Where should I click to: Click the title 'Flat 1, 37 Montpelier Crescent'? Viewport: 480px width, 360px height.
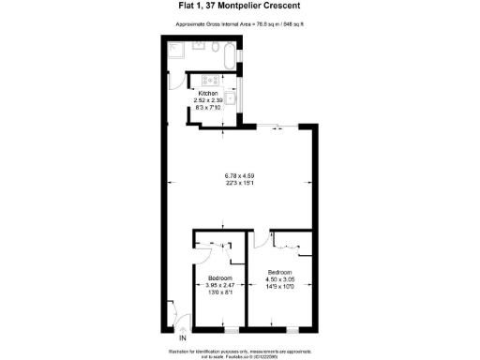239,8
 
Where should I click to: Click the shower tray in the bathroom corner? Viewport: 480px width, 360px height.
176,48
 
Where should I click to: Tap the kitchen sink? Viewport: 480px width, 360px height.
232,97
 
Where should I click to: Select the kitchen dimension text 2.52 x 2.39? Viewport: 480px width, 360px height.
206,100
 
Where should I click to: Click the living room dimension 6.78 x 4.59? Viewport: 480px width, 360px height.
239,176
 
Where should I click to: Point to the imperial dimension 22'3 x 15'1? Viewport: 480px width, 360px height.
239,184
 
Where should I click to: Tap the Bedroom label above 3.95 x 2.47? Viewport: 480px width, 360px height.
219,278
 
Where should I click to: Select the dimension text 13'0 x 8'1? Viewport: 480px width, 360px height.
219,292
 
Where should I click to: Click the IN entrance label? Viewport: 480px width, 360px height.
184,337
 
